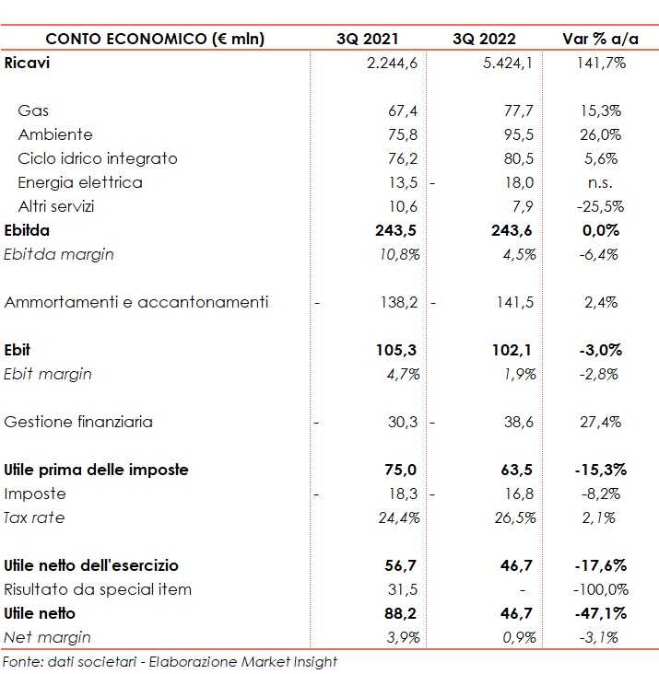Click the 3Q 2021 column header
pyautogui.click(x=369, y=39)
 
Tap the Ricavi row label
pyautogui.click(x=27, y=63)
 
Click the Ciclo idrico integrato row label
pyautogui.click(x=97, y=158)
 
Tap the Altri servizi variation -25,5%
pyautogui.click(x=600, y=206)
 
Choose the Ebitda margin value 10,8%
pyautogui.click(x=400, y=254)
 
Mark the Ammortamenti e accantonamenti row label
pyautogui.click(x=136, y=302)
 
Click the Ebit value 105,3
pyautogui.click(x=399, y=350)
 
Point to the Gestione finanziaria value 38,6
pyautogui.click(x=520, y=422)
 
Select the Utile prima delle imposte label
pyautogui.click(x=96, y=470)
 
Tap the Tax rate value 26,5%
pyautogui.click(x=517, y=517)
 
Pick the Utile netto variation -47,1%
pyautogui.click(x=600, y=613)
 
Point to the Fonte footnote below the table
pyautogui.click(x=169, y=662)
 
